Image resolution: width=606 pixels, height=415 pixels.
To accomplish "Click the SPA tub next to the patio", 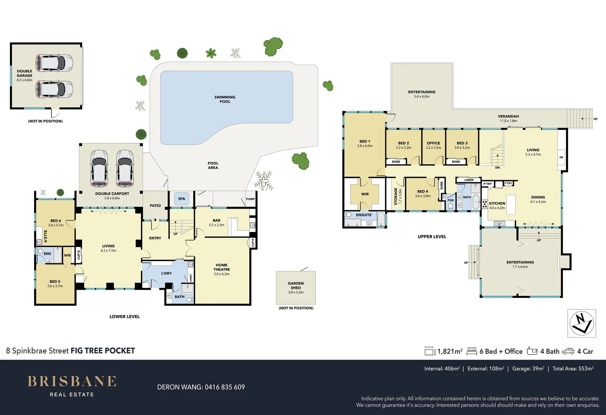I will click(x=181, y=199).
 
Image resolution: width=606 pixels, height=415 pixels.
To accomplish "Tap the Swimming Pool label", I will click(x=225, y=99).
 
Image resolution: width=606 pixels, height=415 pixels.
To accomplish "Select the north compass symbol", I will click(x=582, y=323).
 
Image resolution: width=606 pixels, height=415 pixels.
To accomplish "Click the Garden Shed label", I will click(x=296, y=286).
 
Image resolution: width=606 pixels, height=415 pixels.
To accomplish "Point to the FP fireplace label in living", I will click(x=561, y=158).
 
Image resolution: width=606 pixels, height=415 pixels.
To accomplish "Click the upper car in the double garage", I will click(x=54, y=63).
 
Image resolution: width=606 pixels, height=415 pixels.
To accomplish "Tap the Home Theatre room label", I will click(x=221, y=267).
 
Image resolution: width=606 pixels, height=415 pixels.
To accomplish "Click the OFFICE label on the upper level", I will click(x=433, y=143).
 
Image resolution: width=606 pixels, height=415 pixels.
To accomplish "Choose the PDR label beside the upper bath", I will click(x=450, y=200).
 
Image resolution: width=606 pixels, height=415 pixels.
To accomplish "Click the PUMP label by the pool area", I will click(x=250, y=199).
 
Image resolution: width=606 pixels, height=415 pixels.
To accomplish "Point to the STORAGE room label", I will click(x=395, y=196).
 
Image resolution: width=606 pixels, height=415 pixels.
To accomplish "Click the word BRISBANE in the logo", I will click(x=72, y=381).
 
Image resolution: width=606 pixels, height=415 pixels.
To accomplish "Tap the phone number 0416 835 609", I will click(x=224, y=387).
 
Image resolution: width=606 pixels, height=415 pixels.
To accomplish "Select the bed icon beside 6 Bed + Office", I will click(x=472, y=351).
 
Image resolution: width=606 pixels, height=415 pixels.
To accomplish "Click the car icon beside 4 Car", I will click(x=568, y=351).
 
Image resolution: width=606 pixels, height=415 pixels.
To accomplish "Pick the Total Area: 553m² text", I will click(x=573, y=369).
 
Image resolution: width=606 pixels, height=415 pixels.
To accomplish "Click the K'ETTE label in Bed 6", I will click(x=46, y=236).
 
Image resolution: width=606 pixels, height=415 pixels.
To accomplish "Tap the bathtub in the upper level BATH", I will click(x=476, y=201).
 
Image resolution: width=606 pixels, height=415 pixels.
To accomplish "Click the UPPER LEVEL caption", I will click(x=432, y=237).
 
